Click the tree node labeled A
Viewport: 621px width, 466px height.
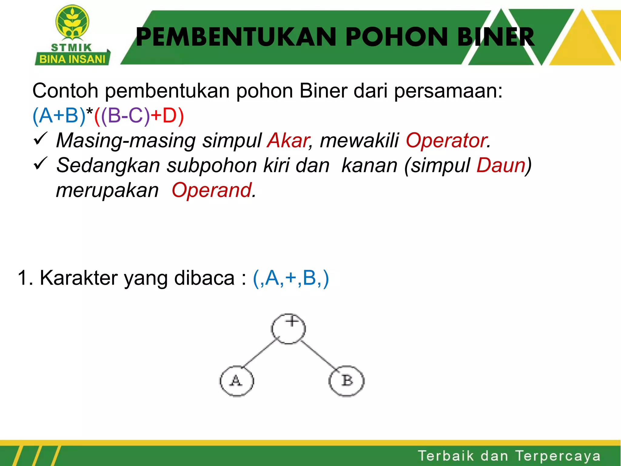click(237, 381)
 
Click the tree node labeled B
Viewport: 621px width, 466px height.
click(347, 381)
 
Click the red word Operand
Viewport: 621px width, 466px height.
click(212, 190)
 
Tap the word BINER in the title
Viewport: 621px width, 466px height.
click(495, 37)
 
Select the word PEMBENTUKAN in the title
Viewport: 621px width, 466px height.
click(236, 37)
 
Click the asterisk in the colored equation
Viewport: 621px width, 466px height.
click(90, 113)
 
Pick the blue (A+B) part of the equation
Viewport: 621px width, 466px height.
click(59, 116)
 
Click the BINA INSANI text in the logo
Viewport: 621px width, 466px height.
click(72, 59)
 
